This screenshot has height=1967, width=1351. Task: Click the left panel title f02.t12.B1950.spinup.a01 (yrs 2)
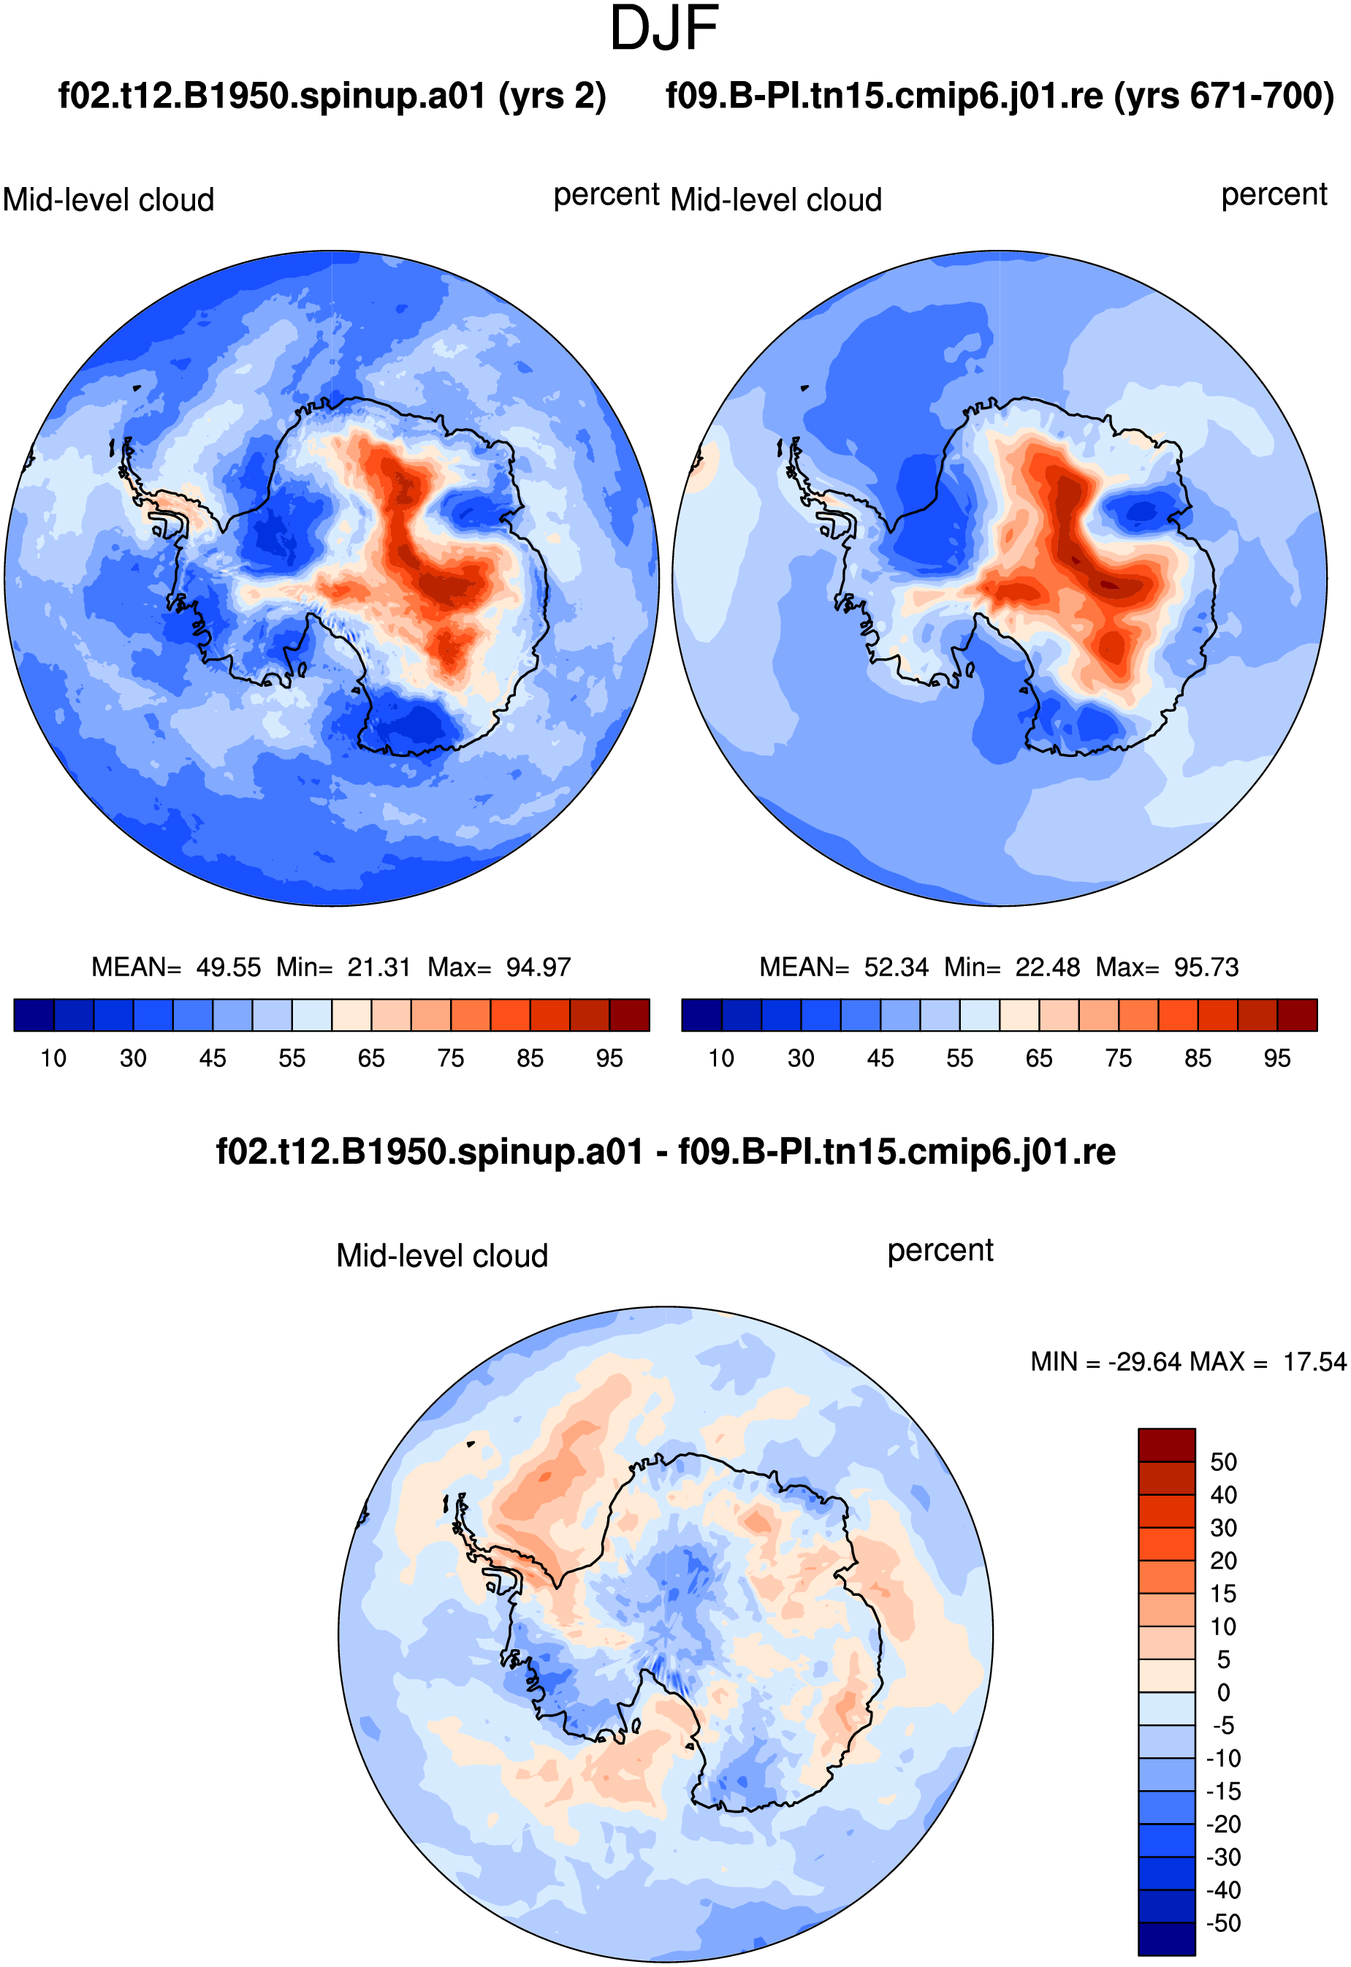[x=332, y=96]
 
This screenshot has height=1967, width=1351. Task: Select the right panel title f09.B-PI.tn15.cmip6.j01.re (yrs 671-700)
[x=1000, y=96]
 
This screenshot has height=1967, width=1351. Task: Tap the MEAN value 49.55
[x=229, y=967]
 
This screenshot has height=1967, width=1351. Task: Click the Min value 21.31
[x=378, y=967]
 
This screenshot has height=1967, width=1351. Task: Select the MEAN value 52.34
[x=897, y=967]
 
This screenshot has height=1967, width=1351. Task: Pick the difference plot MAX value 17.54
[x=1314, y=1362]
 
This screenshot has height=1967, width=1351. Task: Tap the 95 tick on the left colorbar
[x=609, y=1058]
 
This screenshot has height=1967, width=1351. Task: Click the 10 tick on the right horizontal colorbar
[x=721, y=1058]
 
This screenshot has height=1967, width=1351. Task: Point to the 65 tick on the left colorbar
[x=370, y=1058]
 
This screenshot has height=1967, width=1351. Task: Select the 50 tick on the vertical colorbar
[x=1223, y=1461]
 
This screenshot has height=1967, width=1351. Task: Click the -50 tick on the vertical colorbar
[x=1224, y=1923]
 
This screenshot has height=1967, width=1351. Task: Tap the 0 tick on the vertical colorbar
[x=1224, y=1692]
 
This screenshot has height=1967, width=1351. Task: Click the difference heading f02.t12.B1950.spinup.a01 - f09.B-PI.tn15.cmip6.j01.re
[x=666, y=1152]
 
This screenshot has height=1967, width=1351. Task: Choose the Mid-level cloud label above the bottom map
[x=442, y=1255]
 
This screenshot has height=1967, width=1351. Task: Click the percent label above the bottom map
[x=940, y=1251]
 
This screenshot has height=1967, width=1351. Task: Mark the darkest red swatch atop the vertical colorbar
[x=1166, y=1445]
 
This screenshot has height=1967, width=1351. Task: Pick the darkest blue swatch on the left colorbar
[x=34, y=1015]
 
